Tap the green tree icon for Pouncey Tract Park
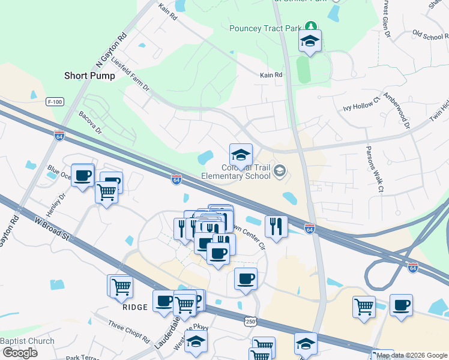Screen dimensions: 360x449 310,26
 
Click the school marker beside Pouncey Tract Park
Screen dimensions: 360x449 310,41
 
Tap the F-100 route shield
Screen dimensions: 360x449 55,102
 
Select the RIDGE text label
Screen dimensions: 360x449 135,307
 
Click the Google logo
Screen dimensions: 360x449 20,352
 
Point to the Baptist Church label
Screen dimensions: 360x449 27,341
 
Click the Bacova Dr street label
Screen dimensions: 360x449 91,122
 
